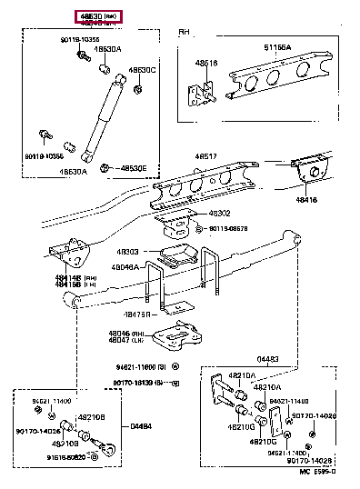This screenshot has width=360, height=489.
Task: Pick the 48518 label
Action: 205,63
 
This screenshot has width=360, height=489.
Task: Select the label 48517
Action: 206,156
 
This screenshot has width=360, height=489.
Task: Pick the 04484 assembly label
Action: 141,425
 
